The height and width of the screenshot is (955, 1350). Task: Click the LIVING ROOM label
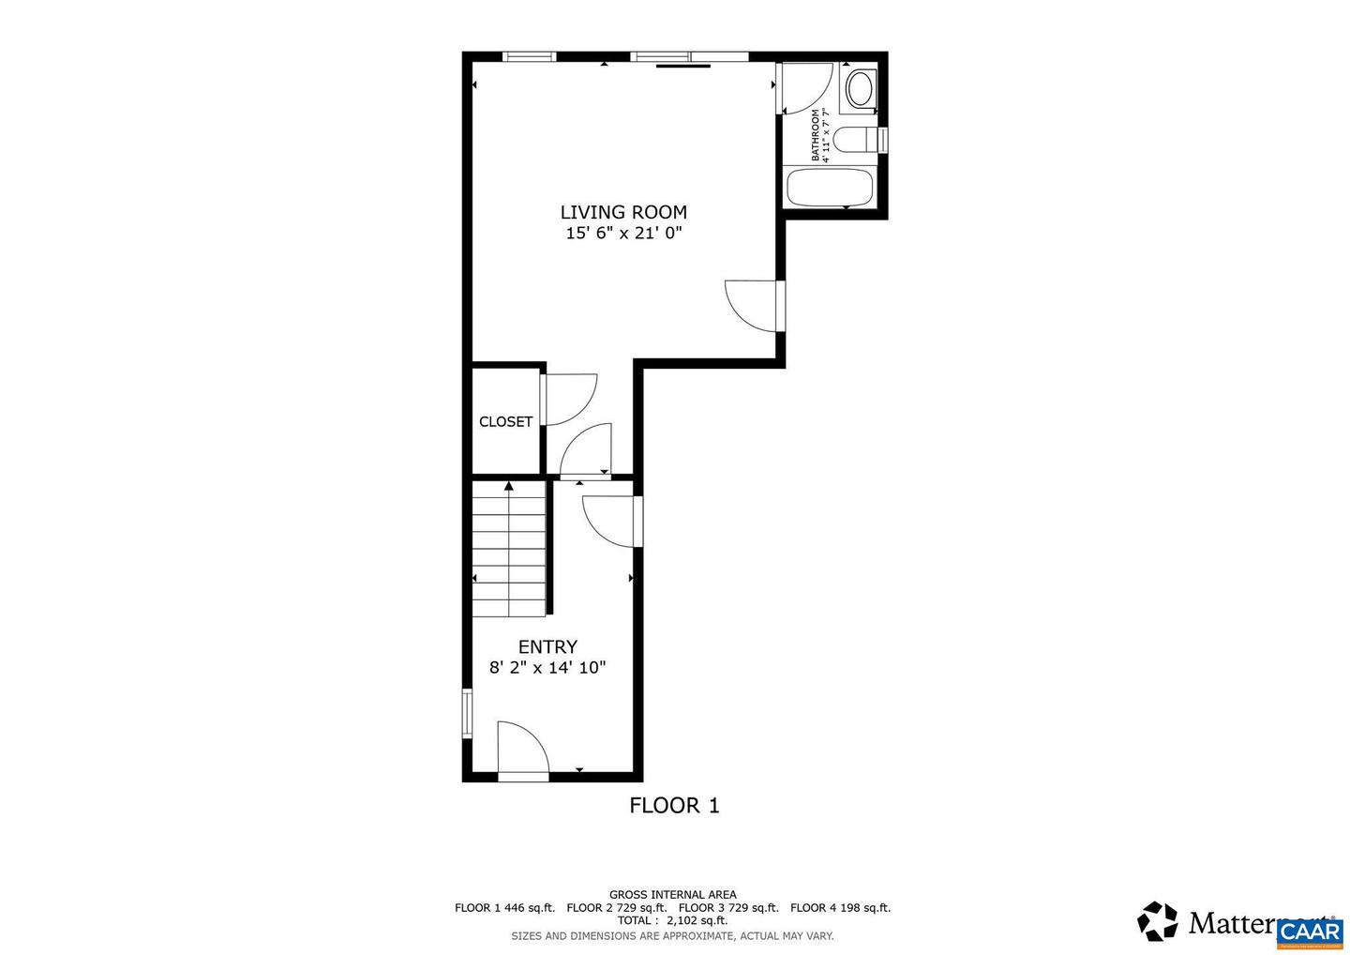pyautogui.click(x=623, y=213)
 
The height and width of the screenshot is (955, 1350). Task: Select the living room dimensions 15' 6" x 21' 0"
pyautogui.click(x=623, y=234)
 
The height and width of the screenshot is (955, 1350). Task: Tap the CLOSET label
pyautogui.click(x=505, y=422)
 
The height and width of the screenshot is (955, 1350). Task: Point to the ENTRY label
pyautogui.click(x=547, y=647)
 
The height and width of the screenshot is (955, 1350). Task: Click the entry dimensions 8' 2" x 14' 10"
pyautogui.click(x=547, y=668)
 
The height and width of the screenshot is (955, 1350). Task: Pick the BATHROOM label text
pyautogui.click(x=816, y=135)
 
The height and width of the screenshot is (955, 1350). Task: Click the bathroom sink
pyautogui.click(x=859, y=90)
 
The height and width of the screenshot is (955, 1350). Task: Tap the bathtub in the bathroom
pyautogui.click(x=830, y=188)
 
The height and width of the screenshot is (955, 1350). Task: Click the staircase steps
pyautogui.click(x=509, y=553)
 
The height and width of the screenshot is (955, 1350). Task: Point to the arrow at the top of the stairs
pyautogui.click(x=509, y=486)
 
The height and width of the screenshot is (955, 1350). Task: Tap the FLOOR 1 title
pyautogui.click(x=674, y=806)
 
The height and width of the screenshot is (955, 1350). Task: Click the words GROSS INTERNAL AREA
pyautogui.click(x=672, y=895)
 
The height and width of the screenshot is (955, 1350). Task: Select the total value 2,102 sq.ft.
pyautogui.click(x=697, y=921)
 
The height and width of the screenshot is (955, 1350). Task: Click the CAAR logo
pyautogui.click(x=1310, y=931)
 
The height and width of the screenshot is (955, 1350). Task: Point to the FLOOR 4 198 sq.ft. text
pyautogui.click(x=840, y=908)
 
